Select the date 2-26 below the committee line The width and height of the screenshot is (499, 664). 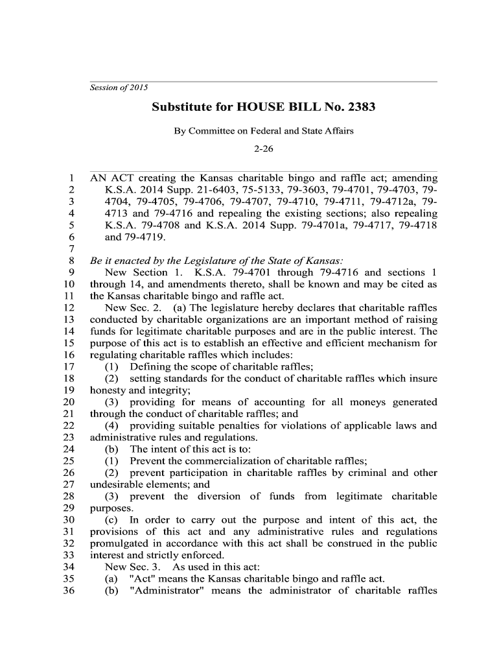pos(264,148)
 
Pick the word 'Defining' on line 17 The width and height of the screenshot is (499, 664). pos(149,367)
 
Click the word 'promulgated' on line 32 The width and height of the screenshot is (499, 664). pos(119,543)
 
